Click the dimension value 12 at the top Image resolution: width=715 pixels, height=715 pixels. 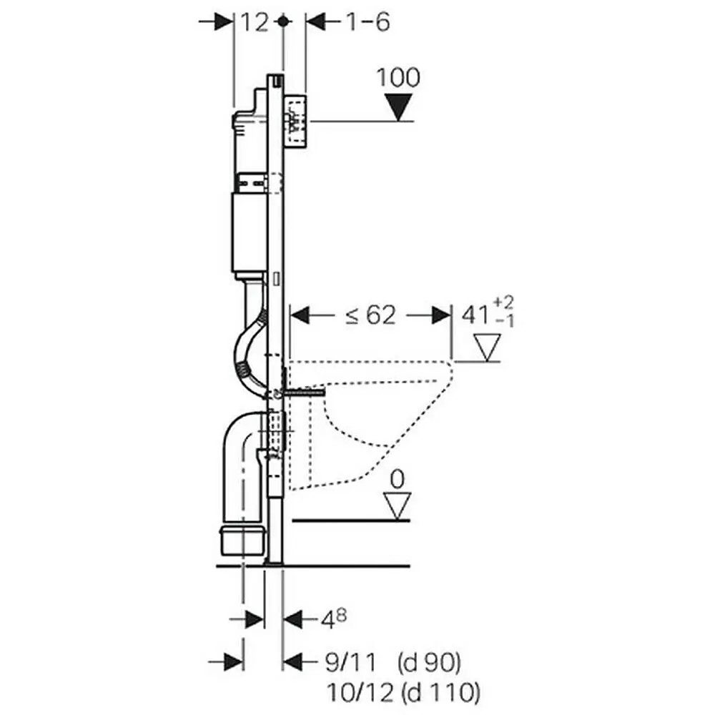[254, 23]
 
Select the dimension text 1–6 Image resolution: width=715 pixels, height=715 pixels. [368, 23]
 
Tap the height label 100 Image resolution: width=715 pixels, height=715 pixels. [398, 78]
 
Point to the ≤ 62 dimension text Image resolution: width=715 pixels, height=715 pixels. [370, 315]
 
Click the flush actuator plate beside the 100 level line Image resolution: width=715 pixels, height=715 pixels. [295, 120]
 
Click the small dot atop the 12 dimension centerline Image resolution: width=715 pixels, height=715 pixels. [284, 22]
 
